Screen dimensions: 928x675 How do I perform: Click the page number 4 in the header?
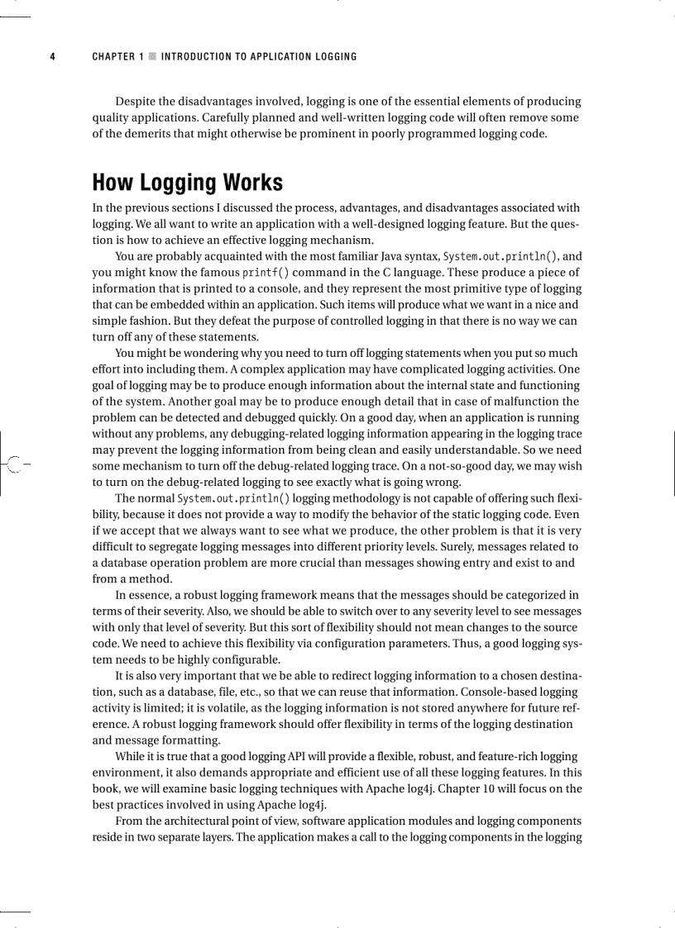[52, 57]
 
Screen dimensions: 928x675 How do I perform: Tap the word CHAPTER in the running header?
[113, 57]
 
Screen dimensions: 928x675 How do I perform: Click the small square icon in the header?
[151, 57]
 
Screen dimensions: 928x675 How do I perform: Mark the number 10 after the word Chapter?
[481, 788]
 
